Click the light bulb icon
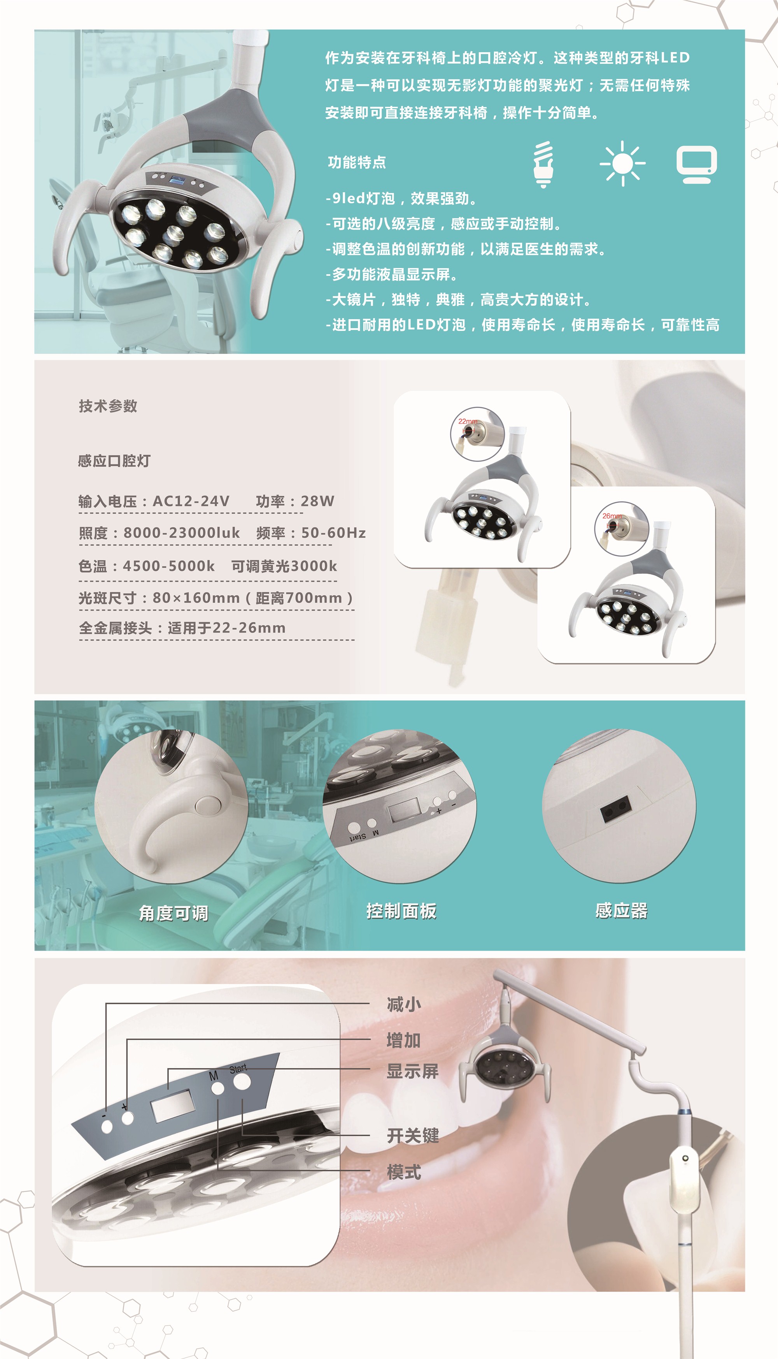(x=543, y=164)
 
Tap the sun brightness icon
(x=622, y=163)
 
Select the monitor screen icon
(x=697, y=165)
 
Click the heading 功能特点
(x=357, y=162)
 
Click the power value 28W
(x=317, y=501)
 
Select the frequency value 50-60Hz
(x=333, y=533)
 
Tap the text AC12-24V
(x=191, y=501)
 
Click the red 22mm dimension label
(x=468, y=421)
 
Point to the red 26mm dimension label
(x=612, y=516)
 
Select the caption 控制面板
(x=401, y=911)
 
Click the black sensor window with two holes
(x=615, y=808)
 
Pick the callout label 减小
(x=404, y=1004)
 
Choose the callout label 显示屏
(x=412, y=1071)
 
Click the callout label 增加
(x=404, y=1040)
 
